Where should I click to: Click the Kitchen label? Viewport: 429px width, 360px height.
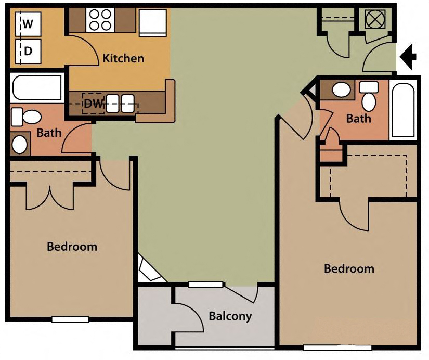click(x=123, y=58)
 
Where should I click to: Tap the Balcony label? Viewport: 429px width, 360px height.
click(x=230, y=316)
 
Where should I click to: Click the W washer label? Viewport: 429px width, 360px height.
click(x=28, y=23)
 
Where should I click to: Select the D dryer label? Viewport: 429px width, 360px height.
click(x=28, y=51)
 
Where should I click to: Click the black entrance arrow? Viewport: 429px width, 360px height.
click(x=409, y=56)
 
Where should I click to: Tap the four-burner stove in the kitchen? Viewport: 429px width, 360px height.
click(x=100, y=20)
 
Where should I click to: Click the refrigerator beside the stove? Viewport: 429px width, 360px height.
click(x=152, y=22)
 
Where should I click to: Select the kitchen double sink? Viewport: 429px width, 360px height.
click(x=121, y=103)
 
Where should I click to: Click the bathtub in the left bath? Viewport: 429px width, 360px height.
click(x=36, y=87)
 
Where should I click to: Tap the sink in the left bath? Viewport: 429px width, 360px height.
click(x=20, y=144)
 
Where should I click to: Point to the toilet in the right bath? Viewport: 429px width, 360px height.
click(x=369, y=98)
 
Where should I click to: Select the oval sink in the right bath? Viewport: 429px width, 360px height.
click(x=341, y=90)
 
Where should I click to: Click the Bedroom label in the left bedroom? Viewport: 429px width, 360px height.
click(x=72, y=246)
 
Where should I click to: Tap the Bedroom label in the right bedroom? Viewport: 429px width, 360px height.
click(x=349, y=268)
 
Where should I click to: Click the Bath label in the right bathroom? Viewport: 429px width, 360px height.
click(x=359, y=119)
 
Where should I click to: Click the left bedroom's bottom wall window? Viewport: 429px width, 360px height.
click(x=70, y=319)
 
